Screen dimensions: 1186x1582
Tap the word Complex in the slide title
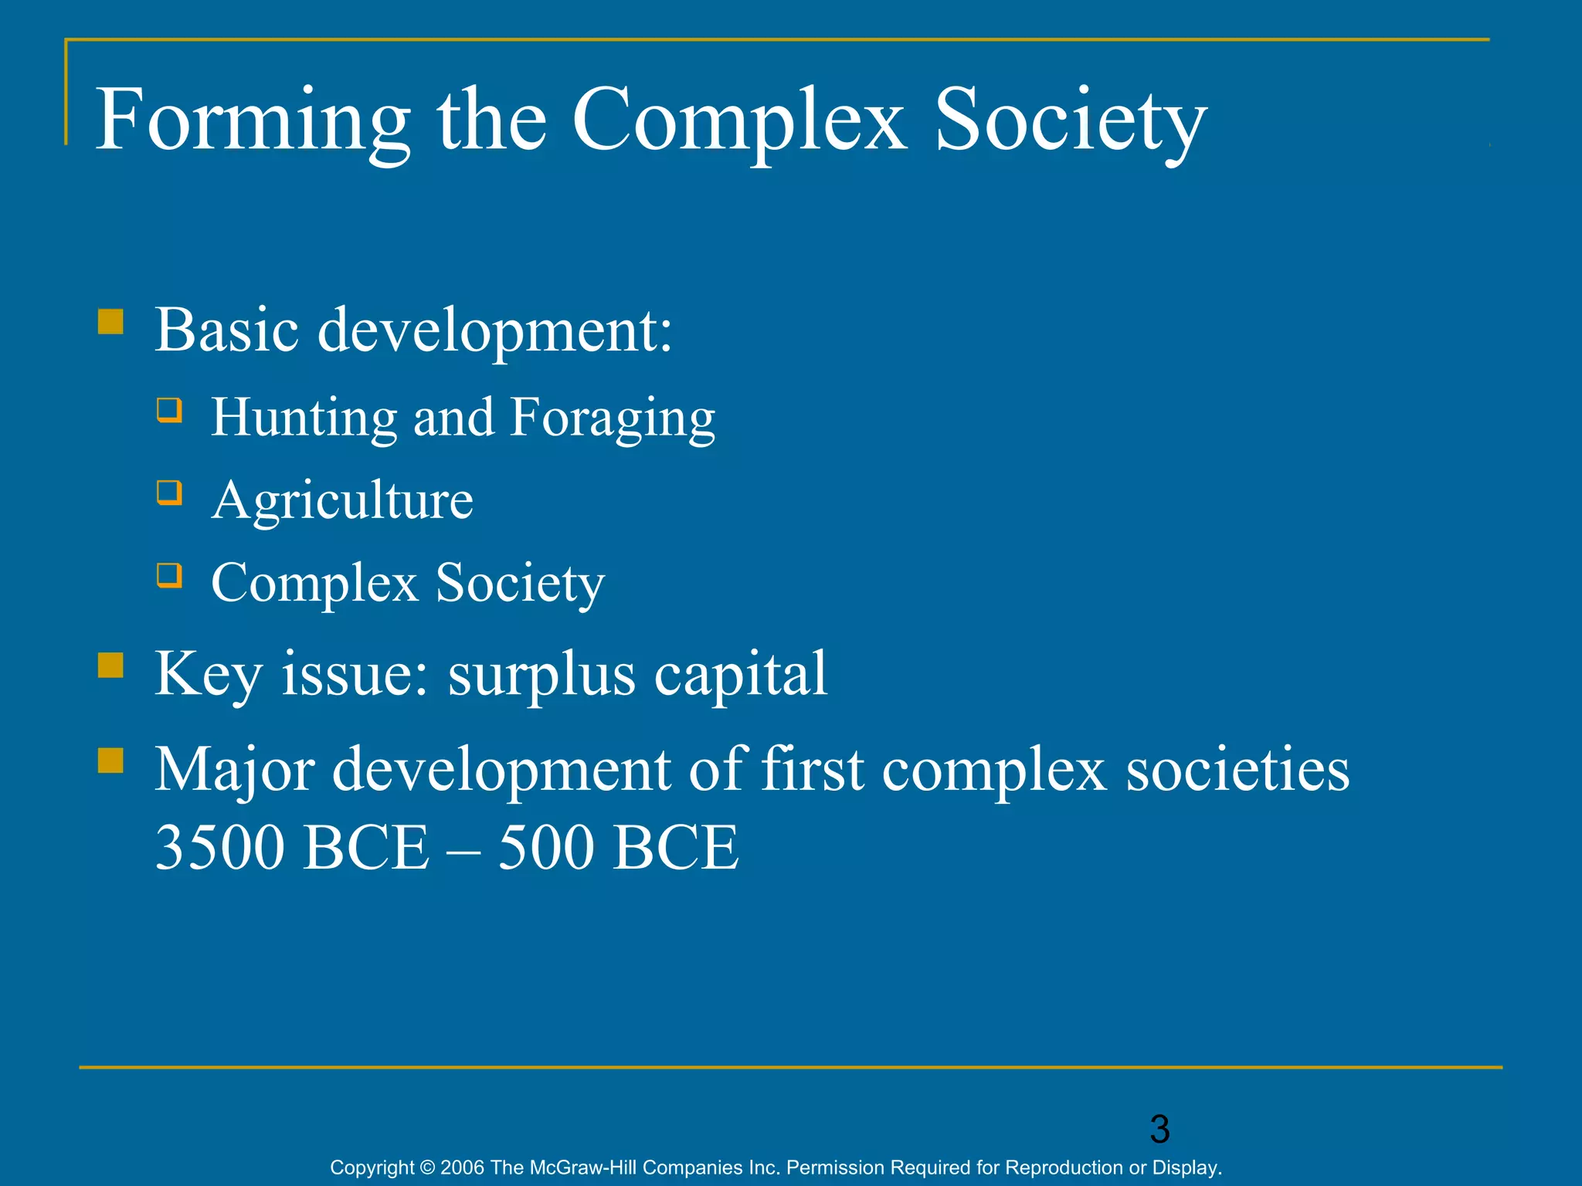738,121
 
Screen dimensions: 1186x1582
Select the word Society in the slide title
1070,121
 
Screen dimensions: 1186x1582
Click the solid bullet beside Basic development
111,321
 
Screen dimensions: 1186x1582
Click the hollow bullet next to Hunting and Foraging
169,409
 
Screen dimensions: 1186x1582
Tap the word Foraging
613,418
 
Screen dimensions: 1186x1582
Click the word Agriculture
342,500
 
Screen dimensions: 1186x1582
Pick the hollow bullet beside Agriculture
169,492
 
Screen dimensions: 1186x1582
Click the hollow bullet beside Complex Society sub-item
169,574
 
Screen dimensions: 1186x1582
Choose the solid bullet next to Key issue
111,665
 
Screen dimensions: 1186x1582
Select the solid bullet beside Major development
111,760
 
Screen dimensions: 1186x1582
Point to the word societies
1237,769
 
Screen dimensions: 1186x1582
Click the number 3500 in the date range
221,848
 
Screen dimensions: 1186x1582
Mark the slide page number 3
1159,1130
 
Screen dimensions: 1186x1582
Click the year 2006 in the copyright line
462,1167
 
